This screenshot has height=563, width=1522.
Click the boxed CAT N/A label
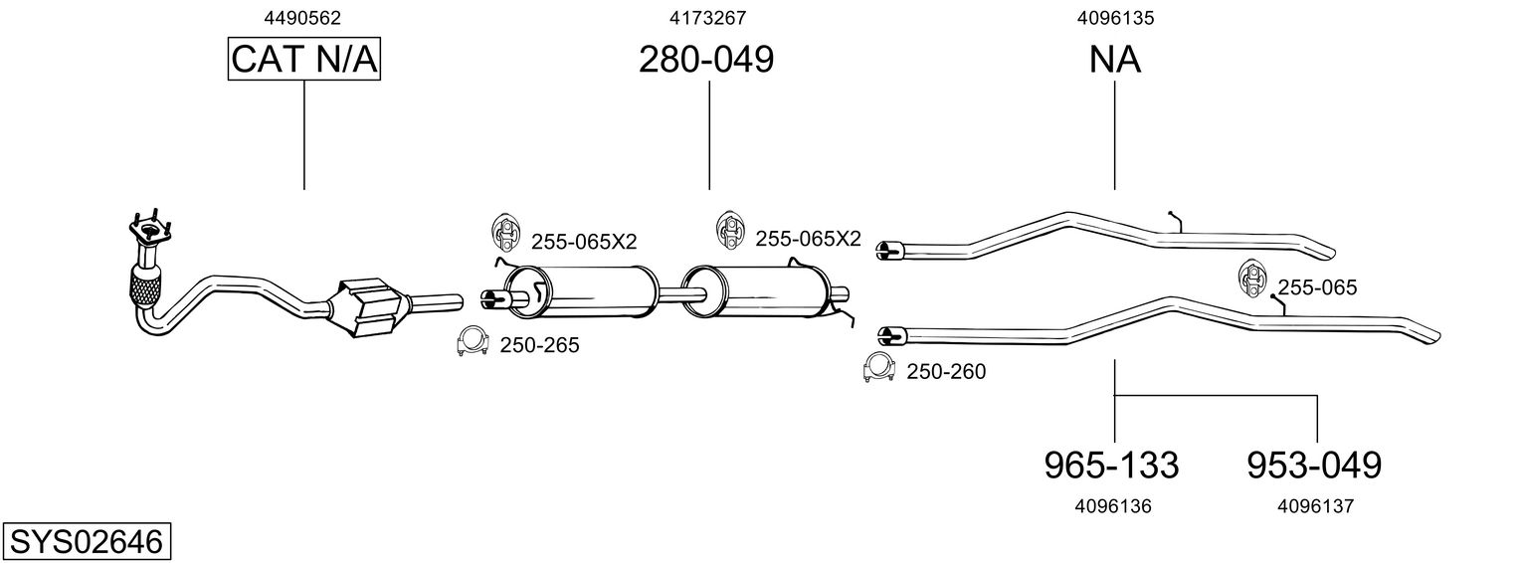[303, 59]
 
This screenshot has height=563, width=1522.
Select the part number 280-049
[706, 60]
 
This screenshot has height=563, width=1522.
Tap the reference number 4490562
[302, 18]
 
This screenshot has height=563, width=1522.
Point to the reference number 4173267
[707, 18]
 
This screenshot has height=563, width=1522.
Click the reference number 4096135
[1115, 18]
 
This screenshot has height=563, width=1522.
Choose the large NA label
[1115, 60]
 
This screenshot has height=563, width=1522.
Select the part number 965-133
[1111, 466]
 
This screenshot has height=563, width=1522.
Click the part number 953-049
[1314, 466]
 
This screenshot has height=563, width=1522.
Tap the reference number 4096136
[1113, 506]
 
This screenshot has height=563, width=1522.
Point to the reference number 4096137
[1315, 506]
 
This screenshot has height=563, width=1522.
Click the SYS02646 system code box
[87, 542]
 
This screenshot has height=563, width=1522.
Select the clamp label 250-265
[539, 346]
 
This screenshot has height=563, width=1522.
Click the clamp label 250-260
[946, 371]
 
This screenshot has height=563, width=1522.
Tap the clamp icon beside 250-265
[473, 341]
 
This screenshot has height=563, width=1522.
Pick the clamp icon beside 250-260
[878, 367]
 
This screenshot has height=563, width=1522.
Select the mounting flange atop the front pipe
[151, 228]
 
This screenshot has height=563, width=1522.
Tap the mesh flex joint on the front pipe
[146, 290]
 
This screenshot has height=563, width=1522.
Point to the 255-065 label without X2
[1317, 287]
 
